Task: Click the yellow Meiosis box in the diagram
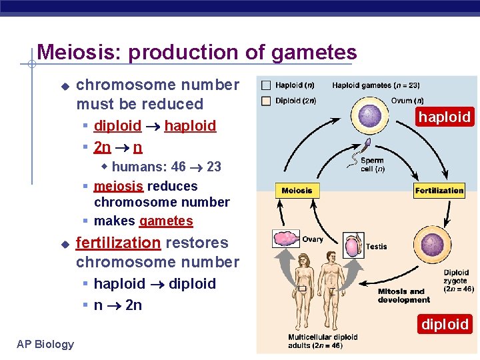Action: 297,190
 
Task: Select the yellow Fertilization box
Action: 439,190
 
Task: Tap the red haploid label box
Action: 444,117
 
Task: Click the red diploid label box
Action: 444,325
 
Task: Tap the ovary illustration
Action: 287,241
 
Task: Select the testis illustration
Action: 353,244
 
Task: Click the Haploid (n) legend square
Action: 266,85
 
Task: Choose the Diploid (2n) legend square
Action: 266,101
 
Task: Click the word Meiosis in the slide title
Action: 77,52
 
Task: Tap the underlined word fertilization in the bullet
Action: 119,243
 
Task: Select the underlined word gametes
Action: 167,221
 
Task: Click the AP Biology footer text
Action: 45,344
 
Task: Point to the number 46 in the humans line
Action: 178,167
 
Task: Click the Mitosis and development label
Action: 404,295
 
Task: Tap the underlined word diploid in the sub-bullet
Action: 117,125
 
